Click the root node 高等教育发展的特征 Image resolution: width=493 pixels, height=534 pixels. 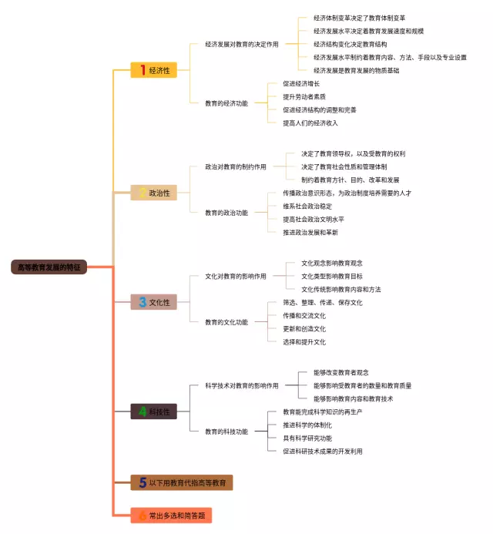(49, 267)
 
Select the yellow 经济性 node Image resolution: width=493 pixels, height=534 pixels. (153, 70)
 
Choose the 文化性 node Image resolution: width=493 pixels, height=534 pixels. (153, 302)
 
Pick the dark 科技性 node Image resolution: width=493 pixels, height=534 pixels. (153, 411)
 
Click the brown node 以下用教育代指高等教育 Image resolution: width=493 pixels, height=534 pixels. (182, 483)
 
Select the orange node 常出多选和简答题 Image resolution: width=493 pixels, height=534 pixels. (171, 515)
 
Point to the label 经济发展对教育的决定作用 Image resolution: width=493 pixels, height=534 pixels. (242, 45)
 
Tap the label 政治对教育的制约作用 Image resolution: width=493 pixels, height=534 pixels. (236, 166)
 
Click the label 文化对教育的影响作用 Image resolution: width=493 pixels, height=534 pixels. (236, 276)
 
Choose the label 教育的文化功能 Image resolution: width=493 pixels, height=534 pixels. (226, 322)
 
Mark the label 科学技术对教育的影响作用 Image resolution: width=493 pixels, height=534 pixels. (242, 385)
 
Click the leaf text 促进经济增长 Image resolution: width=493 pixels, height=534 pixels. (301, 84)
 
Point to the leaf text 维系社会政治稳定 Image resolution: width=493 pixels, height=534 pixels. (307, 206)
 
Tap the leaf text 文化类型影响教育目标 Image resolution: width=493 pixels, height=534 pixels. (332, 276)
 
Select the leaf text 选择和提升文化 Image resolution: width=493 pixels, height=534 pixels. (304, 341)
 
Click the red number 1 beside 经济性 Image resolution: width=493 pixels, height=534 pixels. (142, 70)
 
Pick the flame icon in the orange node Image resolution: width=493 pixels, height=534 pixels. (143, 515)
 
